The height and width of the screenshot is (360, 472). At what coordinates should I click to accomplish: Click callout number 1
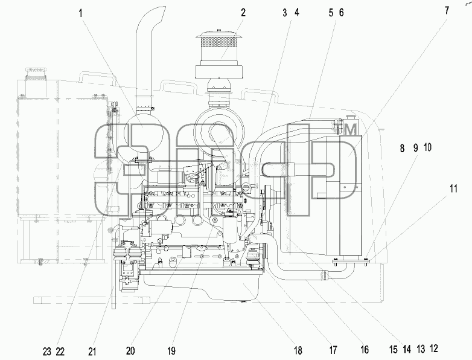(x=80, y=13)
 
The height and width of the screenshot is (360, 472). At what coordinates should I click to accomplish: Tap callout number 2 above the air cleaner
(x=243, y=13)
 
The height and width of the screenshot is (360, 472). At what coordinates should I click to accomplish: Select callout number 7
(x=447, y=10)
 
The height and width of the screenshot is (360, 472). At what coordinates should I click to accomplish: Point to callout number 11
(x=453, y=189)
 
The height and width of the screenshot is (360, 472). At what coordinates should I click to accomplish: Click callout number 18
(x=298, y=350)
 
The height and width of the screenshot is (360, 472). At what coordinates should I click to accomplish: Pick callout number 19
(x=171, y=351)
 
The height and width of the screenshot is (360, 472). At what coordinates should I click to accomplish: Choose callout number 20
(x=130, y=351)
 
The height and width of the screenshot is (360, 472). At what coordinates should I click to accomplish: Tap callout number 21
(x=92, y=352)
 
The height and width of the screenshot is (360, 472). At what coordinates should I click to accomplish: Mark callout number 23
(x=47, y=352)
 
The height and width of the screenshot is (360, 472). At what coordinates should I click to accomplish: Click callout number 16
(x=365, y=350)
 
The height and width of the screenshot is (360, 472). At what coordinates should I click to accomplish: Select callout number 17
(x=333, y=350)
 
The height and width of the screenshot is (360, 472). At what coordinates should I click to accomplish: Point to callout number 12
(x=434, y=349)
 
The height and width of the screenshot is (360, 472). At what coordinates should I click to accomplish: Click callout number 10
(x=427, y=147)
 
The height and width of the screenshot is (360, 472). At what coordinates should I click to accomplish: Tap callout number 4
(x=297, y=13)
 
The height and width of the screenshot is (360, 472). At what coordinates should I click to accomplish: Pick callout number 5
(x=331, y=13)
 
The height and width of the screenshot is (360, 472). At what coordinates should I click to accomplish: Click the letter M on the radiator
(x=351, y=129)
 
